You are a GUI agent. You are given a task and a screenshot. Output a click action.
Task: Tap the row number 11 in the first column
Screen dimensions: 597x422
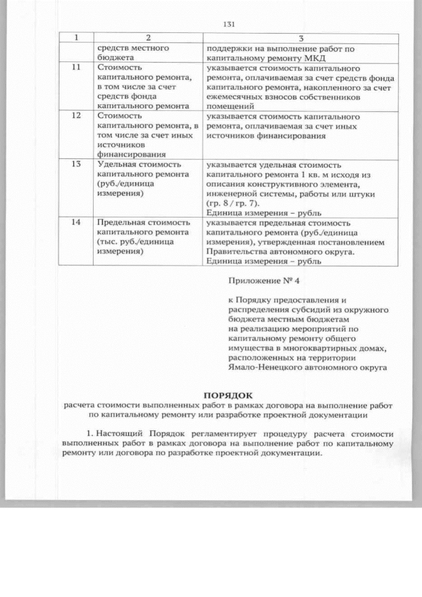point(76,67)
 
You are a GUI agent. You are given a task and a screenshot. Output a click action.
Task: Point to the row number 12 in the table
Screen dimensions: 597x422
point(76,115)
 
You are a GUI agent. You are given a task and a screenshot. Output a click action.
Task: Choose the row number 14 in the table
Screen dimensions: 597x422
point(76,223)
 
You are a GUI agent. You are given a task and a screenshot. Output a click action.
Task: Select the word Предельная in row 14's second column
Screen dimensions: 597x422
point(121,223)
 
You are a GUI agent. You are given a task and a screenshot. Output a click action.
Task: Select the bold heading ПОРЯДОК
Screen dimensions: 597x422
point(227,393)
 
